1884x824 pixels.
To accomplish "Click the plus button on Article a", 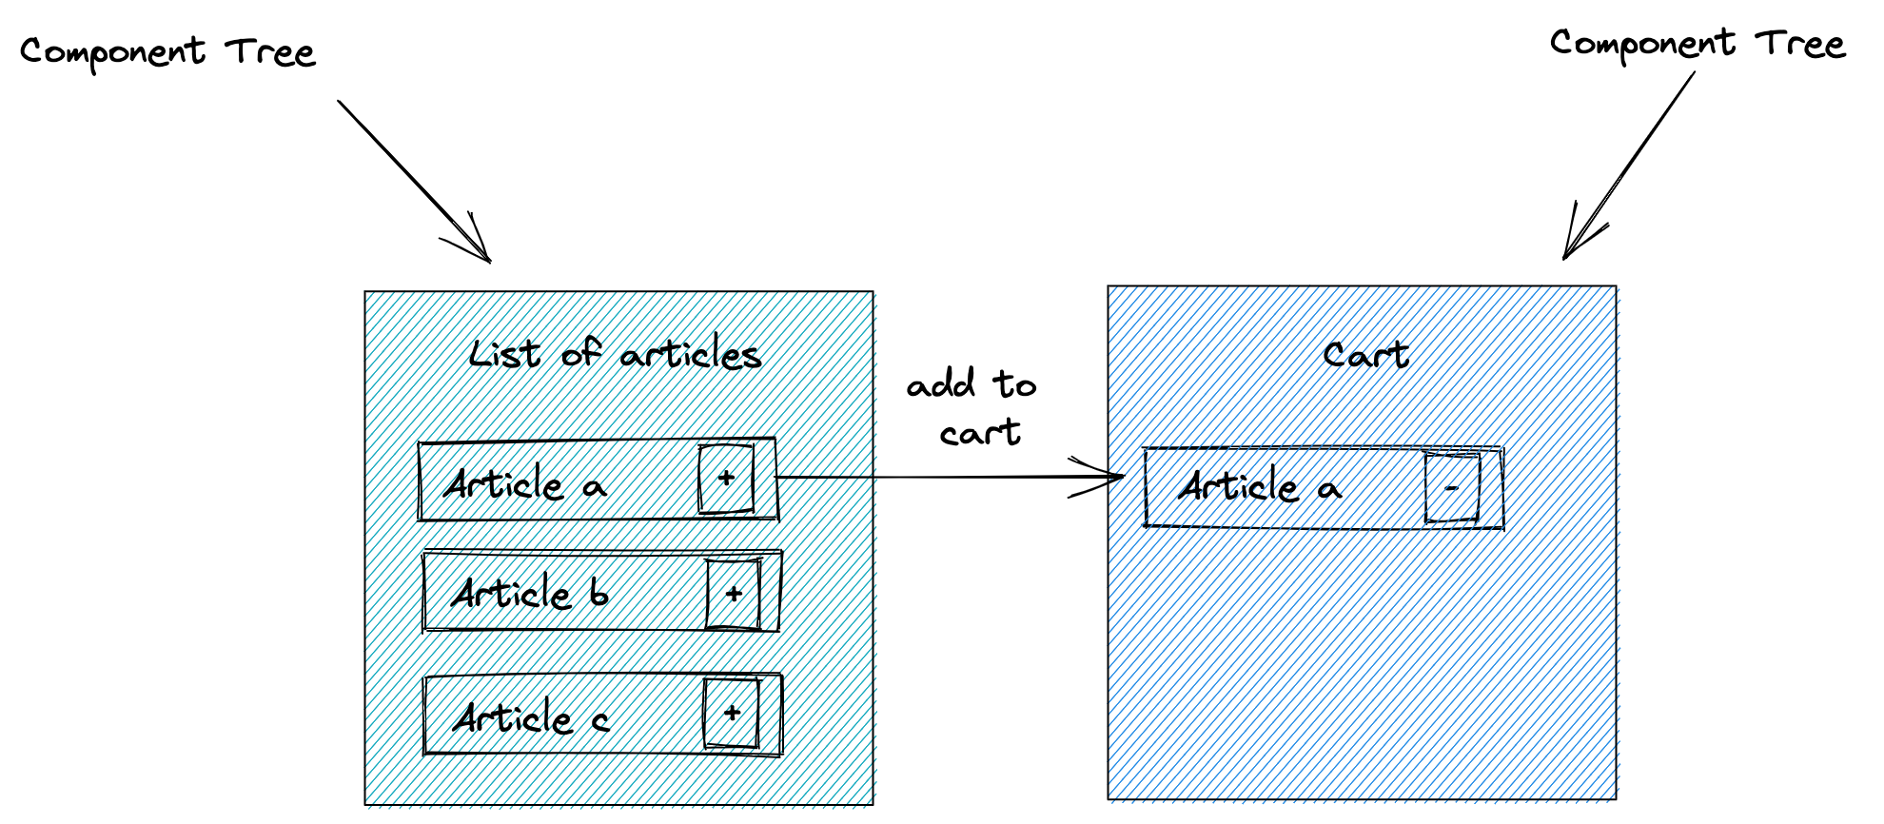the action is click(x=726, y=478).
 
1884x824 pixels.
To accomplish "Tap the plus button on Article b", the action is click(x=734, y=594).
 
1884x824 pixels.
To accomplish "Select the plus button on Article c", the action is click(x=732, y=713).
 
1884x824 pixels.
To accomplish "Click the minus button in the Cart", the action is click(x=1452, y=488).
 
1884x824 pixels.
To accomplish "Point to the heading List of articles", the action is click(x=616, y=354).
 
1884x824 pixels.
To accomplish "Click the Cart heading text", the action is click(x=1365, y=355).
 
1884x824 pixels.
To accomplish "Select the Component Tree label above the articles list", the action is click(x=167, y=52).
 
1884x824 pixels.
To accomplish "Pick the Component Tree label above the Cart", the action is click(x=1698, y=45).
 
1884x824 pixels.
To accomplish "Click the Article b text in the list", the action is click(x=530, y=593).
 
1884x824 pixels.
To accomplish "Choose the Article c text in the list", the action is click(x=530, y=716).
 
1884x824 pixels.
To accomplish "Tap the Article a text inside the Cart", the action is click(x=1260, y=487).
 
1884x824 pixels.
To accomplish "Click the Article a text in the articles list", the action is click(x=524, y=484).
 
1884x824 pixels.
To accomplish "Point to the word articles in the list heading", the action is click(x=691, y=355).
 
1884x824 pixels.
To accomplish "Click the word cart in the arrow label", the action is click(x=980, y=433).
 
